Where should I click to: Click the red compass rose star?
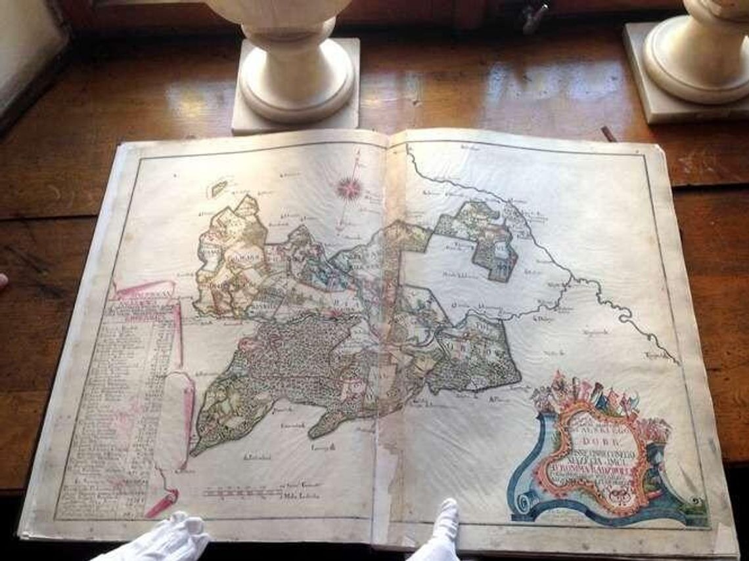coord(350,188)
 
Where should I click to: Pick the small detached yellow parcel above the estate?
coord(219,188)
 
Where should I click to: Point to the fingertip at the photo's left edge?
coord(3,281)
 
